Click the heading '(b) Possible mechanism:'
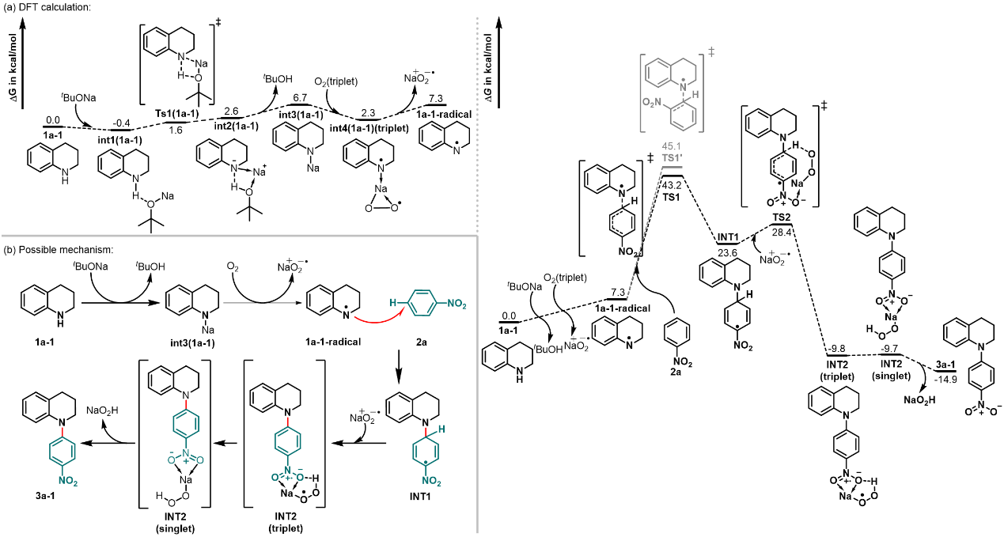[59, 249]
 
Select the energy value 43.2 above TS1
[671, 185]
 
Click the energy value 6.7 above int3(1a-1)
[300, 96]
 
